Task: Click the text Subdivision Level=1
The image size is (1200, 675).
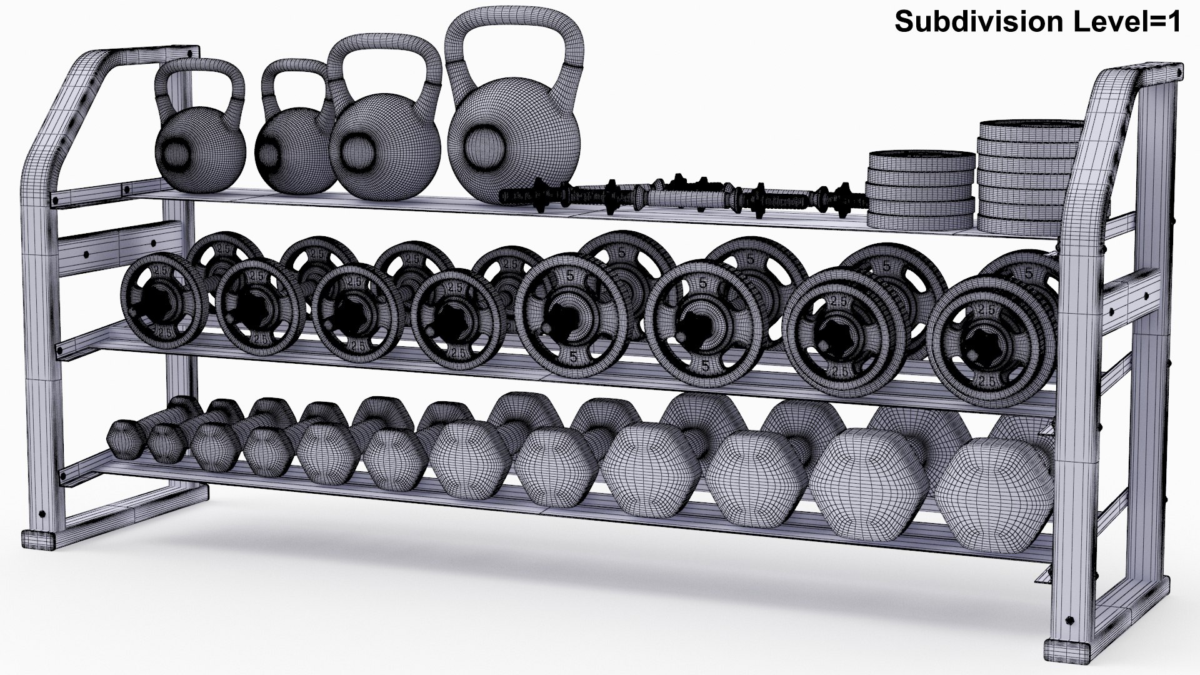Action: pos(1037,22)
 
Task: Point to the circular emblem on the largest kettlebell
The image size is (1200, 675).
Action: pos(484,142)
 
